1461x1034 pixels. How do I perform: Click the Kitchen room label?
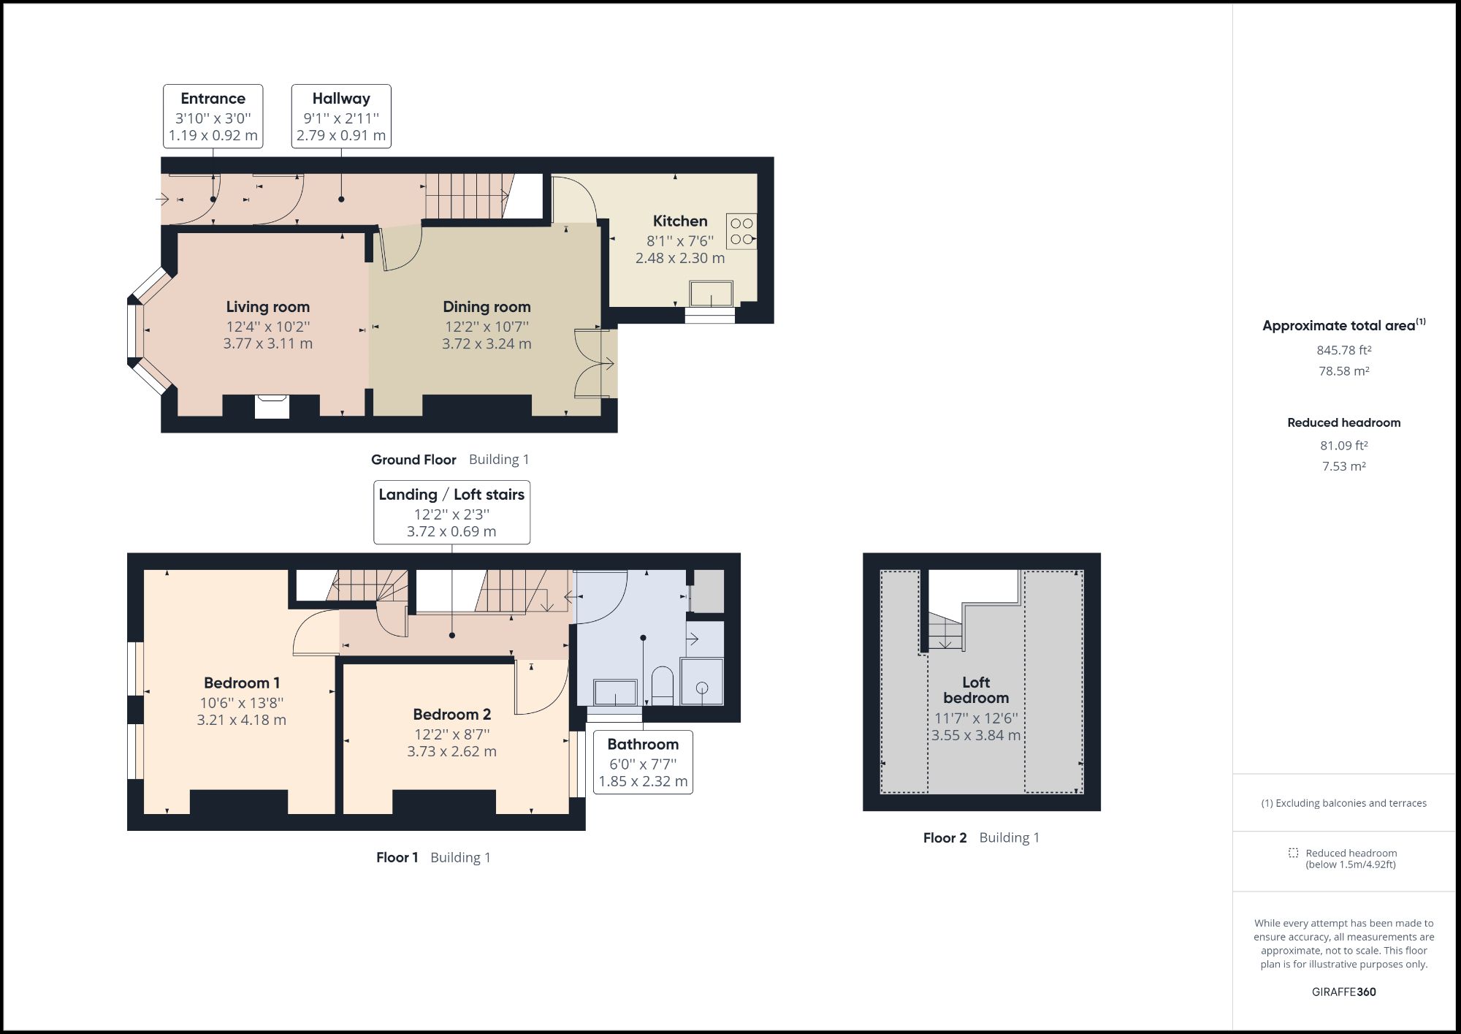(x=679, y=221)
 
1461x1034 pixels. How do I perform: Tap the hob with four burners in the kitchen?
(x=741, y=232)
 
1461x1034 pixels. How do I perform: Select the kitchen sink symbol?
(x=711, y=294)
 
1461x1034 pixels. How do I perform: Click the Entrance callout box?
(x=213, y=116)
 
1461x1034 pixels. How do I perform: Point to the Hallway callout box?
(x=341, y=116)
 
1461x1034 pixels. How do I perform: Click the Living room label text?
(x=267, y=307)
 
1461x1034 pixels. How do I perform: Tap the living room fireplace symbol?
(x=272, y=406)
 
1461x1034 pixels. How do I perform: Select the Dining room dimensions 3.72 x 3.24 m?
(x=487, y=343)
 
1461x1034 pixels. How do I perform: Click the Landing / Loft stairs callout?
(x=451, y=512)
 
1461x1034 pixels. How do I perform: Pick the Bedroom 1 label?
(x=242, y=683)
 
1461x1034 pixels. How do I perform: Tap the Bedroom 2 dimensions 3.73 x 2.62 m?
(x=451, y=751)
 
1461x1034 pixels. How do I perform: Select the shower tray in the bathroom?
(x=701, y=682)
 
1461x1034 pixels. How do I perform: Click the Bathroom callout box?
(x=643, y=762)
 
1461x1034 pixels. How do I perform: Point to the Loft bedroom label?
(x=976, y=690)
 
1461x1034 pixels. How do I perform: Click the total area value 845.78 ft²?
(x=1343, y=350)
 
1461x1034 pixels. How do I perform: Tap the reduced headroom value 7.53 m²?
(x=1343, y=466)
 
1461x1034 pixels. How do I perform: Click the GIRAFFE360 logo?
(x=1343, y=992)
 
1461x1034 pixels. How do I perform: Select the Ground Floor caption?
(x=413, y=460)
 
